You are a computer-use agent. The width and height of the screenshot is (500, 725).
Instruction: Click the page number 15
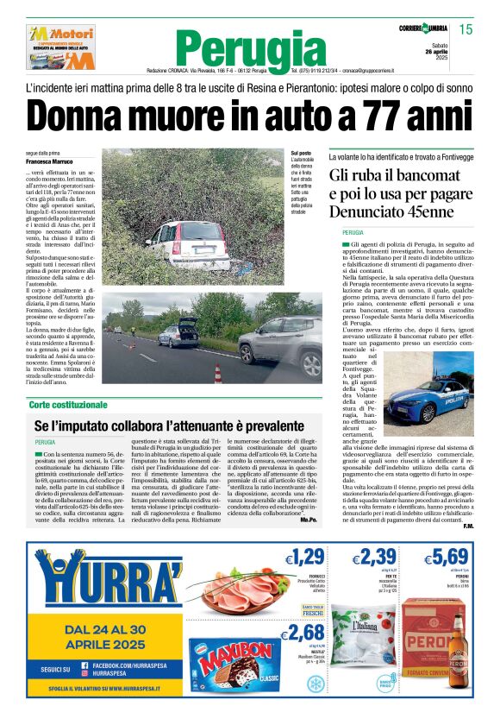466,29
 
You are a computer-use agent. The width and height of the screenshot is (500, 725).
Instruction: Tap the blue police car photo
429,396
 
